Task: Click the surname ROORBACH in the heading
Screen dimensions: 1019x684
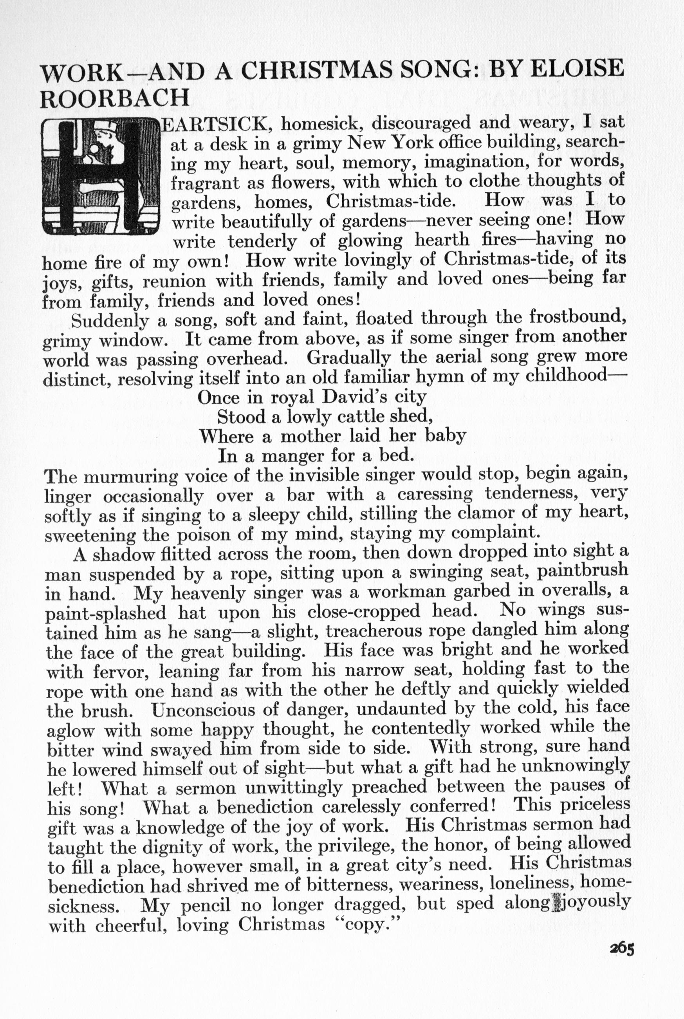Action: pos(115,98)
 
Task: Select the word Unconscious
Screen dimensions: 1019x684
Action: pos(205,709)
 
